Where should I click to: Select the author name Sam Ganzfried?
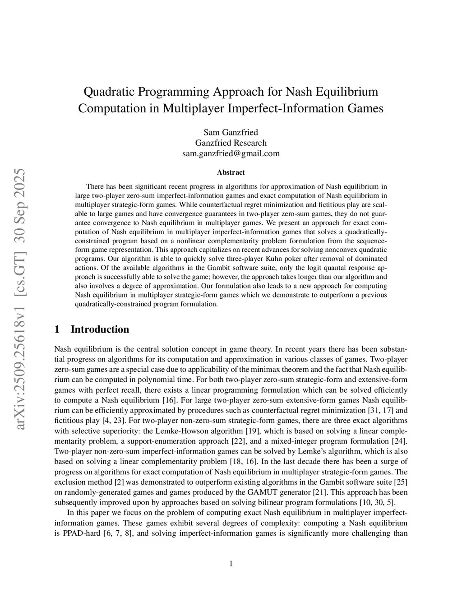(231, 132)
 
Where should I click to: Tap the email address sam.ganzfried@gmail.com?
(231, 153)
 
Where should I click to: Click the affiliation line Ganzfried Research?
(231, 143)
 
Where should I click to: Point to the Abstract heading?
(231, 172)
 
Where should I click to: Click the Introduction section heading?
(99, 329)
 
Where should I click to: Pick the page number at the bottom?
(231, 563)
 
